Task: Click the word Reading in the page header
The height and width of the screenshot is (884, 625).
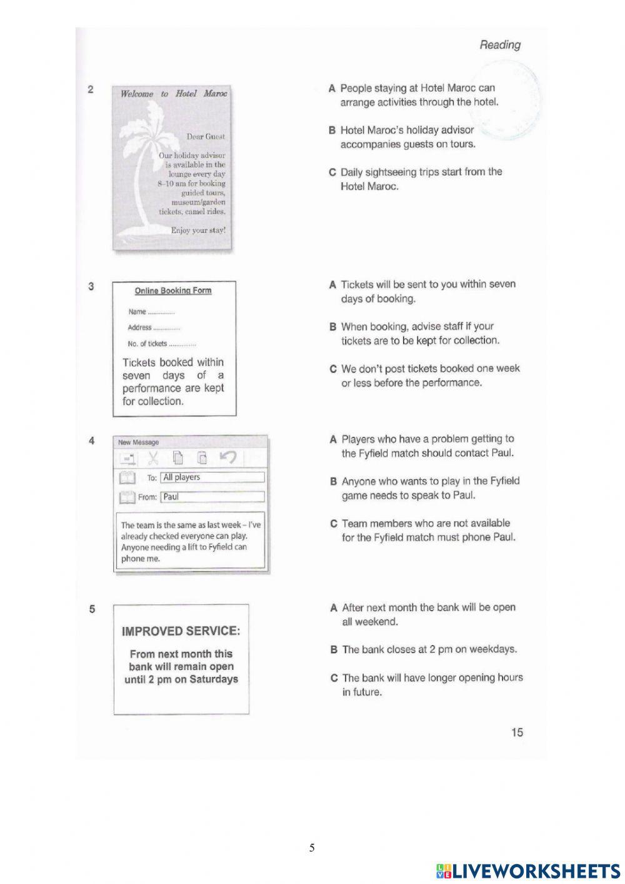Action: coord(499,44)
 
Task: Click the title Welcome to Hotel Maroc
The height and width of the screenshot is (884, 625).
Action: coord(174,94)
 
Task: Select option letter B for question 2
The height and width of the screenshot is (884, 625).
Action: coord(332,130)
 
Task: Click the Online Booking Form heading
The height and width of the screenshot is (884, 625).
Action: coord(173,291)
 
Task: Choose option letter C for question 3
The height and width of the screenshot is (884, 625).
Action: coord(333,368)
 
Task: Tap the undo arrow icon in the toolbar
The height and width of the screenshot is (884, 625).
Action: coord(228,458)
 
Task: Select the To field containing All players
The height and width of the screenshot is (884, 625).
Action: coord(212,477)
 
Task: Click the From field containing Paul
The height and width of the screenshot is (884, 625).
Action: coord(212,497)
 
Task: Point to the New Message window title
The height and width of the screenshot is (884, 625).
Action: coord(138,442)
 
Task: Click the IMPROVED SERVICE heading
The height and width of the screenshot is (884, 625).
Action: coord(181,631)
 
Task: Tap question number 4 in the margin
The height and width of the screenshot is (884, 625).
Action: coord(91,440)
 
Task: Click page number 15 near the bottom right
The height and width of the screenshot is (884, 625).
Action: coord(517,732)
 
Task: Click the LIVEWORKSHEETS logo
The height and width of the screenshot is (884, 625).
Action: coord(528,870)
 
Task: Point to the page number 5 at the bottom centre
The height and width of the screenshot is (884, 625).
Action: coord(312,848)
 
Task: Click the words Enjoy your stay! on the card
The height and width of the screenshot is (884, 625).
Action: coord(198,230)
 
